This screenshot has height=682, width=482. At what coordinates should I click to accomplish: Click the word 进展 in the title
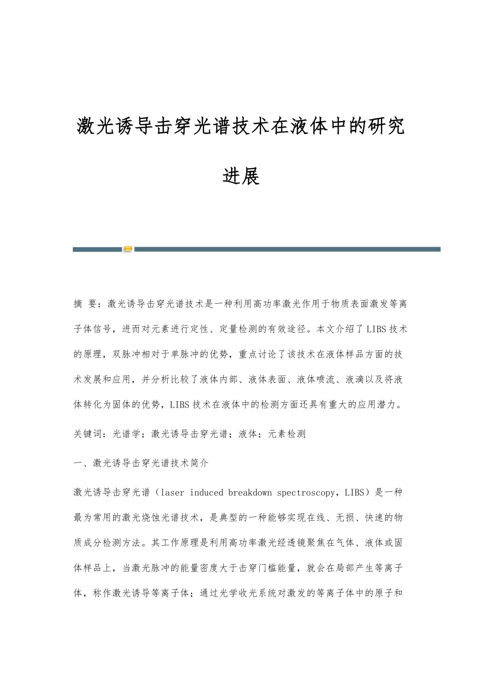click(x=241, y=176)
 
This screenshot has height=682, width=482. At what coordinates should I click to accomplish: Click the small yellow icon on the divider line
click(x=128, y=249)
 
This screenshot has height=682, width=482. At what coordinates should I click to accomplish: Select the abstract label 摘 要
click(x=86, y=303)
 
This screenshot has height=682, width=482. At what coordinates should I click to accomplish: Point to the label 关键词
click(x=86, y=434)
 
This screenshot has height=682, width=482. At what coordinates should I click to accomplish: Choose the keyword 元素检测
click(x=287, y=434)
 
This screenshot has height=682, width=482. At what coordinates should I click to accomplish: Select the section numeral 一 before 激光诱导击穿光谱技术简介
click(x=78, y=463)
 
